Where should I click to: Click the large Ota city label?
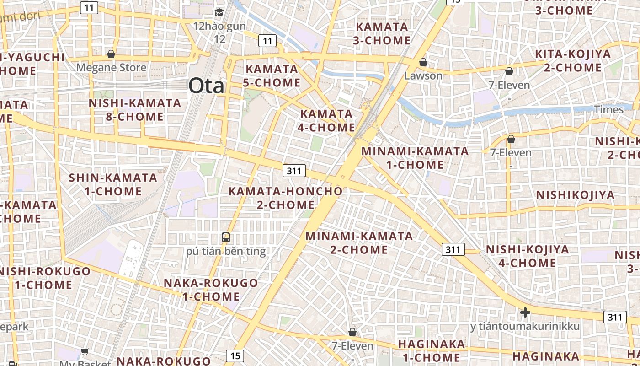pos(207,86)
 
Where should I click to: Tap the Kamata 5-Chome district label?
pos(273,76)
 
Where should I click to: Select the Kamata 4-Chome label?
pos(326,120)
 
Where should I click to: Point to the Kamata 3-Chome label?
pos(382,33)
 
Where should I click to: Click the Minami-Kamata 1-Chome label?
pos(415,158)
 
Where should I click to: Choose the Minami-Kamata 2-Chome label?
pos(359,243)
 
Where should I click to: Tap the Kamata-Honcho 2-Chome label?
pos(285,198)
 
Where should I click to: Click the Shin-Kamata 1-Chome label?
pos(113,184)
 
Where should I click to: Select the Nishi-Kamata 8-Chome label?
pos(135,110)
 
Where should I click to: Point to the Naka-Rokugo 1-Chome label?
pos(211,290)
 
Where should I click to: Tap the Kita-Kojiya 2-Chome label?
pos(573,61)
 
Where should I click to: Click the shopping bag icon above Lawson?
pos(423,62)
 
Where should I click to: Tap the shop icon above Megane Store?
pos(111,54)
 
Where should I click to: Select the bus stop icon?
pos(226,237)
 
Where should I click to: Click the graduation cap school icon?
pos(219,12)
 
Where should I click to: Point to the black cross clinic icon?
pos(525,312)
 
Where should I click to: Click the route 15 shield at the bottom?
pos(235,355)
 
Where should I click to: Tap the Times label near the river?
pos(608,110)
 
